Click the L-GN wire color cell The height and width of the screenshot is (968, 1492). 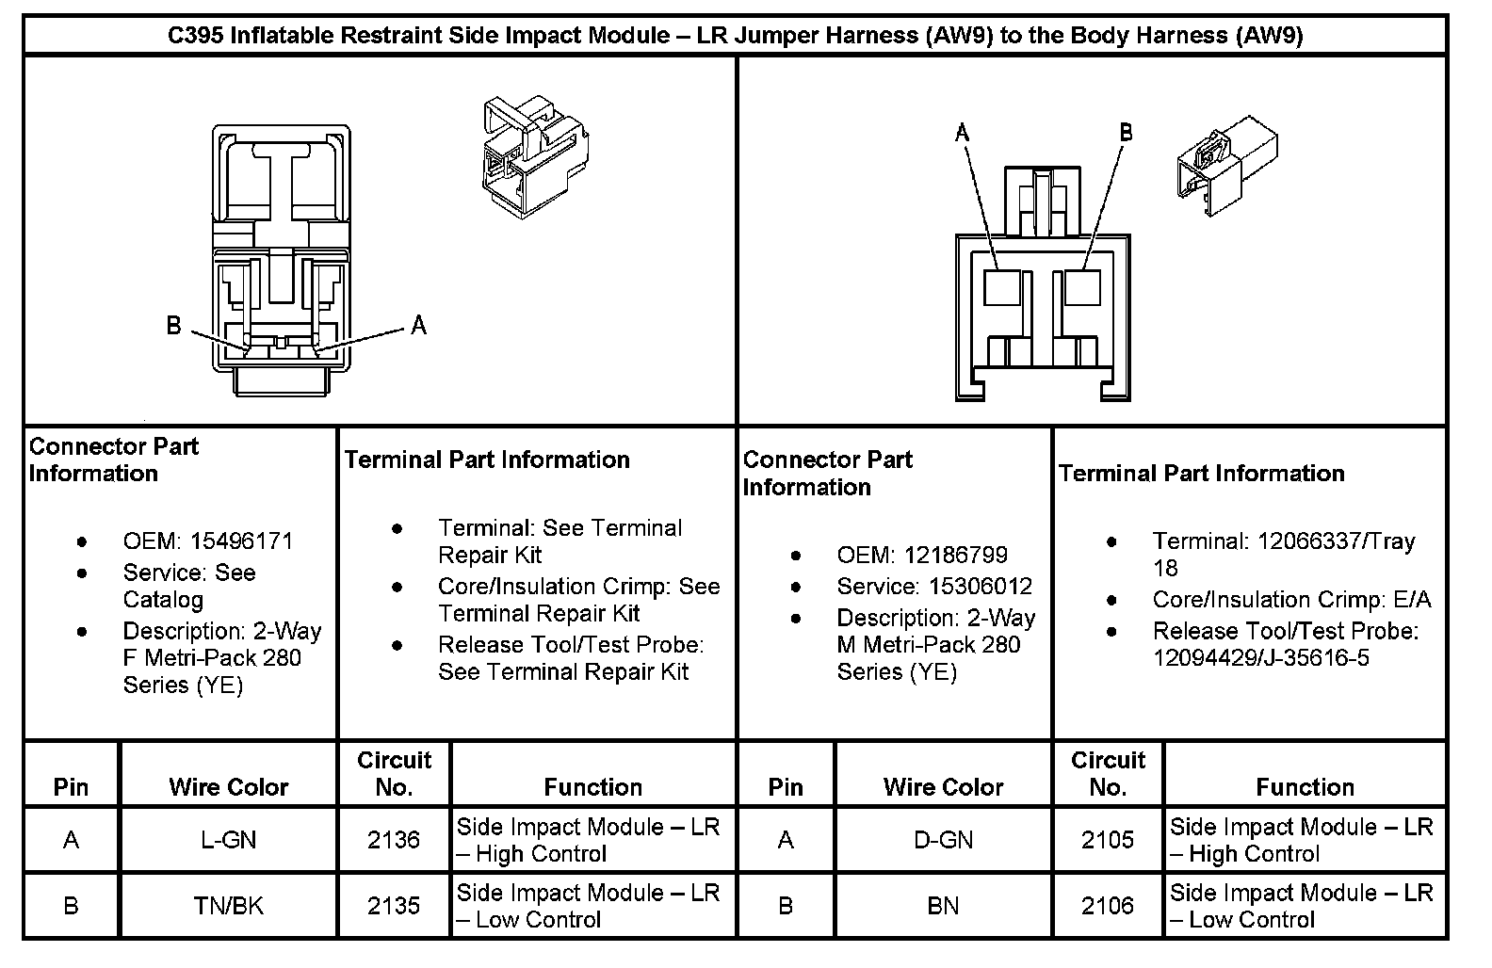coord(228,839)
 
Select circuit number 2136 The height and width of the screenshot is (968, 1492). coord(394,839)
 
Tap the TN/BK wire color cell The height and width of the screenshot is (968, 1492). coord(228,906)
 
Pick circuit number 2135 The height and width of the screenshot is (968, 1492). coord(394,906)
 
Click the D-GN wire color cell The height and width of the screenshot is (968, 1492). coord(943,839)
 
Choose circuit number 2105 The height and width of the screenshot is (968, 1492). coord(1108,839)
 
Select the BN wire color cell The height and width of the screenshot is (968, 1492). coord(943,906)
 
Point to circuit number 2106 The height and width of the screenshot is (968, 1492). coord(1108,906)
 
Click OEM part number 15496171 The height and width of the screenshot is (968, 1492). coord(241,541)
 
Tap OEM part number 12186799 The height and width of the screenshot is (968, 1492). coord(955,556)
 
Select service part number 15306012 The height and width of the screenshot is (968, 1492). coord(980,587)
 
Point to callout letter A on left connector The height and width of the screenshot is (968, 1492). coord(419,326)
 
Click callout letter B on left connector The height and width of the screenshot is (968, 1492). coord(174,326)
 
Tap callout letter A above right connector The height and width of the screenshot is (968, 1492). coord(962,134)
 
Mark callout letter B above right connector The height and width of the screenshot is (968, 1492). coord(1126,133)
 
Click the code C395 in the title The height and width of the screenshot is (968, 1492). coord(195,36)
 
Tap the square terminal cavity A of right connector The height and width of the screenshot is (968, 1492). coord(1002,287)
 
